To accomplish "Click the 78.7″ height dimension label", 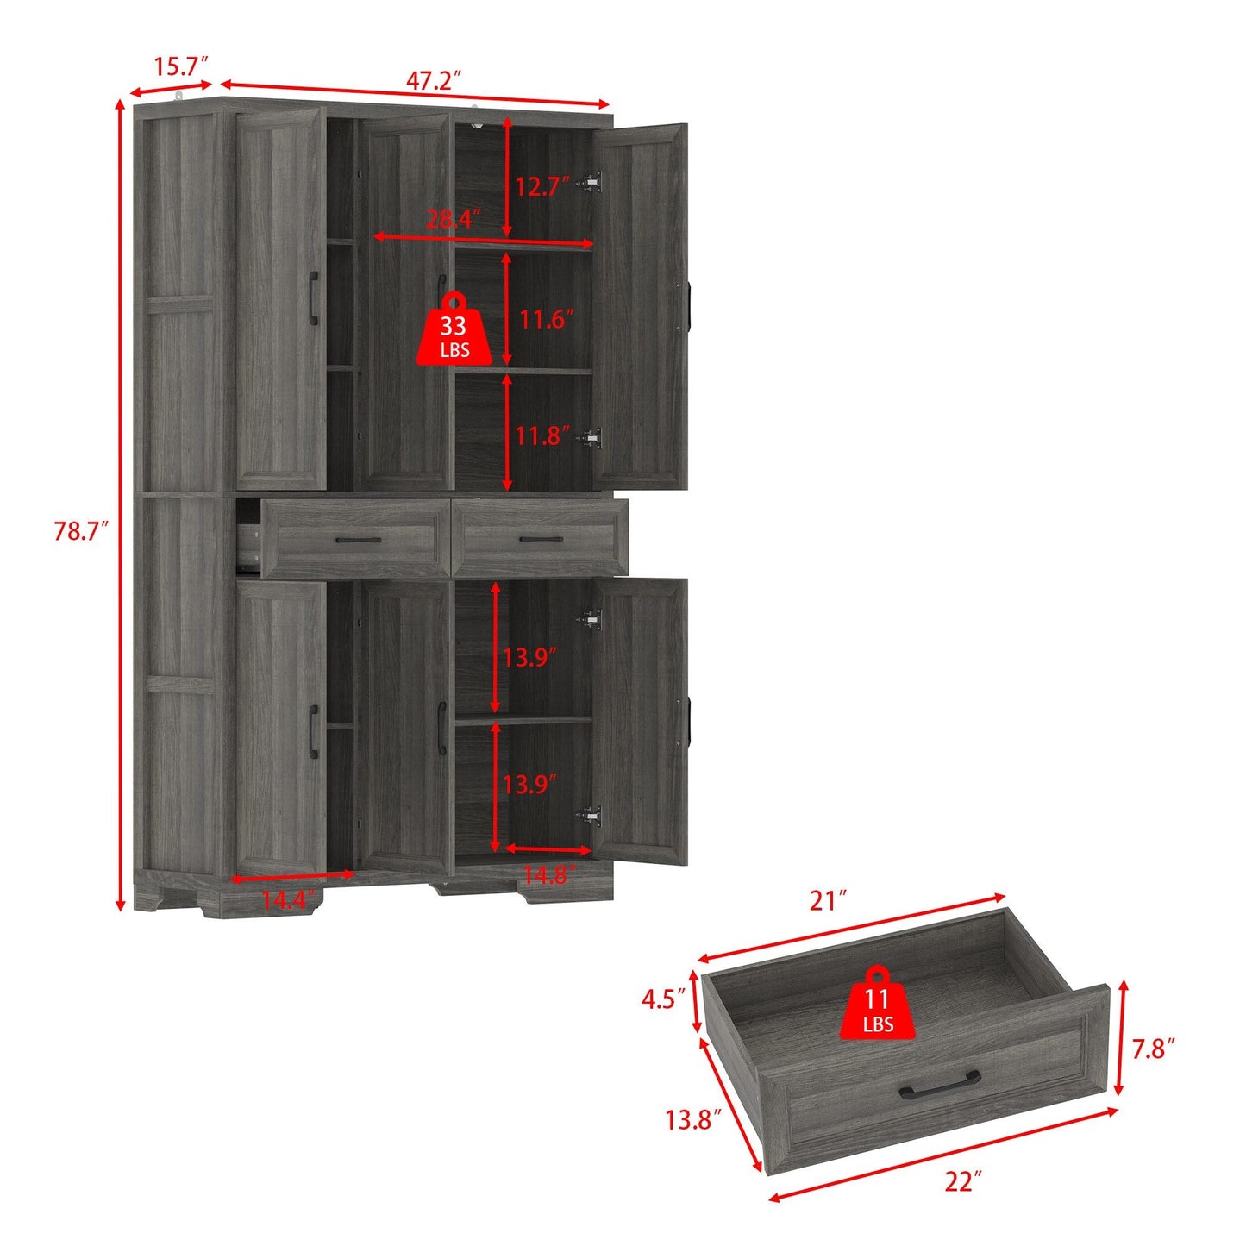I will tap(80, 531).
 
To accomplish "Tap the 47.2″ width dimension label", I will tap(434, 80).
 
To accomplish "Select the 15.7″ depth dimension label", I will tap(181, 66).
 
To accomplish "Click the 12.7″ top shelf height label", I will tap(542, 186).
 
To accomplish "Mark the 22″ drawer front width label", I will tap(962, 1180).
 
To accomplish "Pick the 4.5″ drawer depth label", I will tap(663, 999).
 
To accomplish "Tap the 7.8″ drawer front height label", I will tap(1154, 1049).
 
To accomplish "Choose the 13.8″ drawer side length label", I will tap(692, 1120).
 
